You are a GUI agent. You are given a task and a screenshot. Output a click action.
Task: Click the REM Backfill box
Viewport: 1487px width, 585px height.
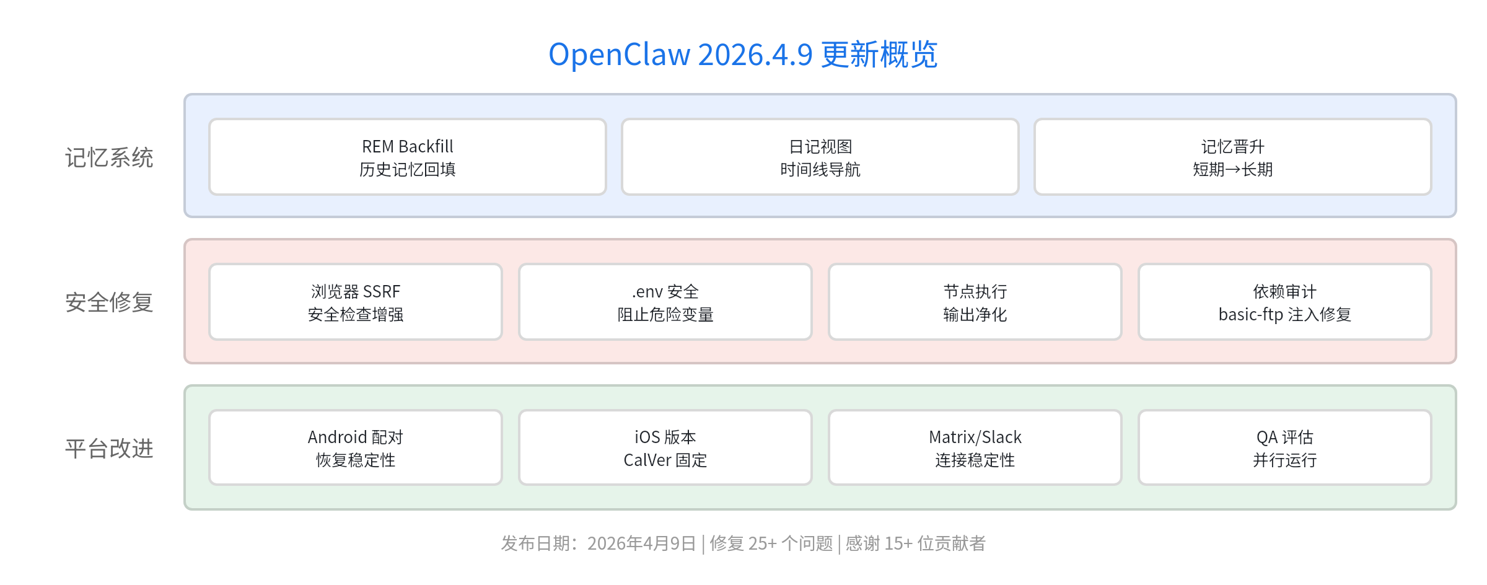[x=407, y=157]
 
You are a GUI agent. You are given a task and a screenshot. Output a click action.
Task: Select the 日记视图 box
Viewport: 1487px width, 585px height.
[x=820, y=157]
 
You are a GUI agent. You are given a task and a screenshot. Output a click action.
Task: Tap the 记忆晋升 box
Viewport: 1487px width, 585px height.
[x=1232, y=157]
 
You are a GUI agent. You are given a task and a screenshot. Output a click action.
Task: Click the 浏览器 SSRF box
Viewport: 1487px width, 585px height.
[x=355, y=302]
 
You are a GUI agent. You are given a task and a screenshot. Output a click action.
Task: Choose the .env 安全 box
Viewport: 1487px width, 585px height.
[x=665, y=302]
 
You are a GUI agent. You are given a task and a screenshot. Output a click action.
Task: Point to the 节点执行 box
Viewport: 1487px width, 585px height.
[x=975, y=302]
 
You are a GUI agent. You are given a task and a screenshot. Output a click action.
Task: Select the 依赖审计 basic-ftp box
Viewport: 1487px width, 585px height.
[x=1284, y=302]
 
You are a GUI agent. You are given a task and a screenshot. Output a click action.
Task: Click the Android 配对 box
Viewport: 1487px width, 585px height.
[x=355, y=448]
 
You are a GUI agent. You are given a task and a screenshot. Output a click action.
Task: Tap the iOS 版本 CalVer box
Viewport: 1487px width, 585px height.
[x=665, y=448]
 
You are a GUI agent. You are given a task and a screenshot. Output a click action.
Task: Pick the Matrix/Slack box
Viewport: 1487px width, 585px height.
[x=975, y=448]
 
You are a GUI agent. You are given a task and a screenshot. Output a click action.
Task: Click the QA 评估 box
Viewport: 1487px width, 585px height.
[x=1284, y=448]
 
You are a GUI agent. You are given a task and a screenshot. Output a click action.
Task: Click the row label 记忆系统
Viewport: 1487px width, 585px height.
[x=109, y=157]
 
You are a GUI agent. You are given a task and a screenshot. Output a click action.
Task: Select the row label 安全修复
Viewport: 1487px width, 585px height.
[x=109, y=302]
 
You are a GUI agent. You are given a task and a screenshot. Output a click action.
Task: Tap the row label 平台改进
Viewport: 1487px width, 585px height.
[x=109, y=449]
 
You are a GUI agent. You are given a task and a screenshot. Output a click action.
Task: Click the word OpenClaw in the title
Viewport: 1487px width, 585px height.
[x=619, y=55]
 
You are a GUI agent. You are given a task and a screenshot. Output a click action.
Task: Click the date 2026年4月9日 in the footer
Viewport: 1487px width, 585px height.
[x=641, y=543]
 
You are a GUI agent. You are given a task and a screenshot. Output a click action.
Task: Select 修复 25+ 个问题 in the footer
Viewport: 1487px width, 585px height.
[x=771, y=543]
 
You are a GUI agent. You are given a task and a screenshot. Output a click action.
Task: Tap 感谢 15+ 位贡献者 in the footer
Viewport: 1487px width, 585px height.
[x=915, y=543]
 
